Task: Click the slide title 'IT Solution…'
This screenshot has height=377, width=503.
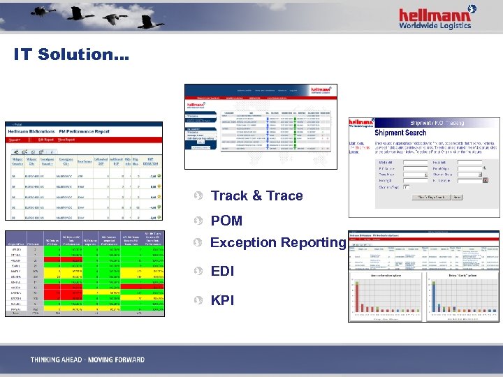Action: coord(71,54)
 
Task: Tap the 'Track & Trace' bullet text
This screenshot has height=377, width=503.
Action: coord(256,196)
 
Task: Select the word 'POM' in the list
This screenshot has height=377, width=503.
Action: coord(226,221)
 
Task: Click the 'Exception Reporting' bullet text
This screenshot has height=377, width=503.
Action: coord(278,243)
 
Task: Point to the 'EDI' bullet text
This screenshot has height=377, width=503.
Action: coord(222,271)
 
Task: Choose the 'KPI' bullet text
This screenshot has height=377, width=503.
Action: coord(222,300)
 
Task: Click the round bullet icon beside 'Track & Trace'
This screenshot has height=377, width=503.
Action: coord(198,196)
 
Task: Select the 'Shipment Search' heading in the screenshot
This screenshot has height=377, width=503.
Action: coord(400,133)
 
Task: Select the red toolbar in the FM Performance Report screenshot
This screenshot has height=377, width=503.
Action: coord(84,139)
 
